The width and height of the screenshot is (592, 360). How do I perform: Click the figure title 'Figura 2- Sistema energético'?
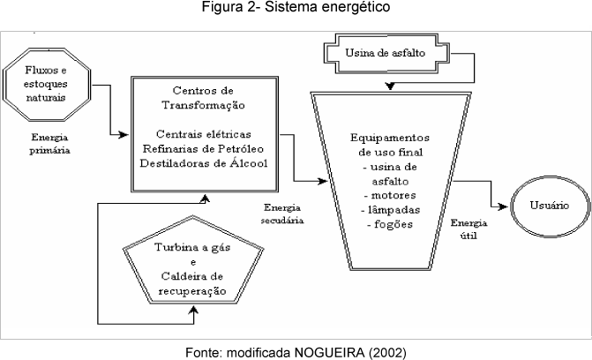point(296,8)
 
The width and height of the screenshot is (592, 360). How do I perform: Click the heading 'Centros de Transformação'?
point(204,97)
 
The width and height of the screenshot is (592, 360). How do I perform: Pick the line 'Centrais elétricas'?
point(204,133)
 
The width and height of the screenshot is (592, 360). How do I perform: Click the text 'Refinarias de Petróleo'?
point(204,147)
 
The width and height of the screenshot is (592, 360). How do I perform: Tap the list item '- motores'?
point(388,195)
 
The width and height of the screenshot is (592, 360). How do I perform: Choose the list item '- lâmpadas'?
point(388,210)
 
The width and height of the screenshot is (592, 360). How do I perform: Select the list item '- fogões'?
point(388,224)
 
